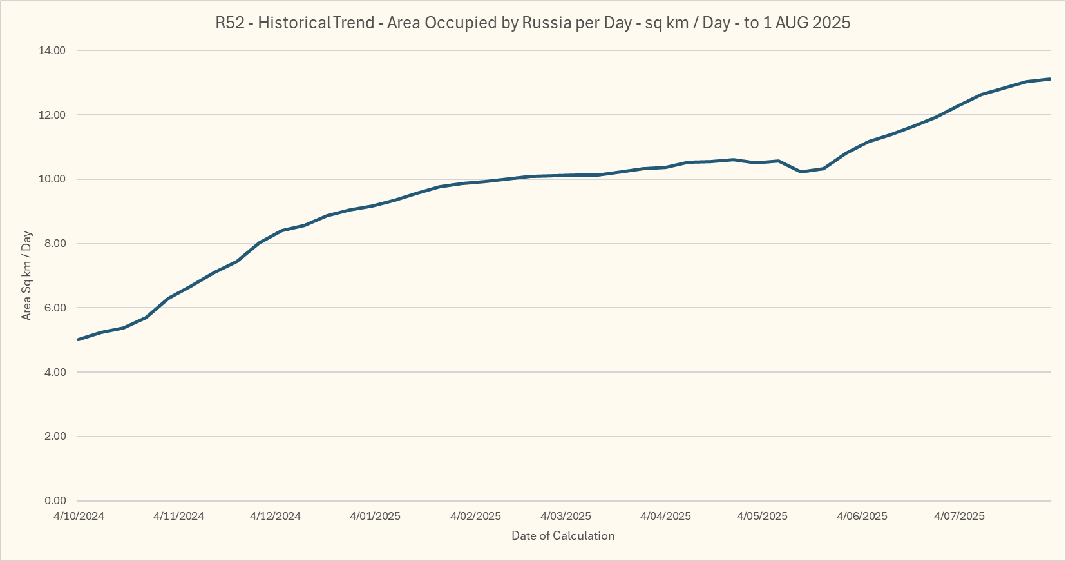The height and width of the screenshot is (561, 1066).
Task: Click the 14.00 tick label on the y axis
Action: pyautogui.click(x=52, y=51)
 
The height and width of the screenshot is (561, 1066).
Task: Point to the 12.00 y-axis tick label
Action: pyautogui.click(x=52, y=115)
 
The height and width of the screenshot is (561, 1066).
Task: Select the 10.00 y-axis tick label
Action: pyautogui.click(x=52, y=179)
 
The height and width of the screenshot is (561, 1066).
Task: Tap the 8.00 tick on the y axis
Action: pyautogui.click(x=54, y=244)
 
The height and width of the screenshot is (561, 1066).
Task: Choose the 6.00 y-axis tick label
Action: pyautogui.click(x=54, y=308)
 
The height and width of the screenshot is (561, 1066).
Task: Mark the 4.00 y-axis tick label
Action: pyautogui.click(x=54, y=373)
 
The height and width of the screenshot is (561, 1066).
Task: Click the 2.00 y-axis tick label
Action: pyautogui.click(x=54, y=437)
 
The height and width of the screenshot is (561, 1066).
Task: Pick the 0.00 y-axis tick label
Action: pyautogui.click(x=54, y=501)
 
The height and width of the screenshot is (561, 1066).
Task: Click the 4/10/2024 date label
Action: pyautogui.click(x=79, y=517)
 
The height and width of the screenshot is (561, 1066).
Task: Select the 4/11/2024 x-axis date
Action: pyautogui.click(x=178, y=517)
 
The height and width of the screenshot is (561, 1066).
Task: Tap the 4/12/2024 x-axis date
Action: pyautogui.click(x=275, y=517)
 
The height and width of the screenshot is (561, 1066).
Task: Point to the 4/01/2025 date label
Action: pyautogui.click(x=375, y=517)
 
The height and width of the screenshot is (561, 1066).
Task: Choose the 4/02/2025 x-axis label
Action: pyautogui.click(x=475, y=517)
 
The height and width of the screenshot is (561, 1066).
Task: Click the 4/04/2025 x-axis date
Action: pyautogui.click(x=665, y=517)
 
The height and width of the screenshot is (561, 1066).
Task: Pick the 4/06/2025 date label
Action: pyautogui.click(x=862, y=517)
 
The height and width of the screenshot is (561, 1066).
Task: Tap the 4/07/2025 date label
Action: pyautogui.click(x=959, y=517)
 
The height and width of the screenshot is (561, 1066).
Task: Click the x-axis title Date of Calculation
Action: pyautogui.click(x=563, y=536)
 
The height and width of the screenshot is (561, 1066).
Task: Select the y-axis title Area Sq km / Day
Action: pyautogui.click(x=27, y=275)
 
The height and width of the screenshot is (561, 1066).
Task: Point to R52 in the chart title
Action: pyautogui.click(x=230, y=23)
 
